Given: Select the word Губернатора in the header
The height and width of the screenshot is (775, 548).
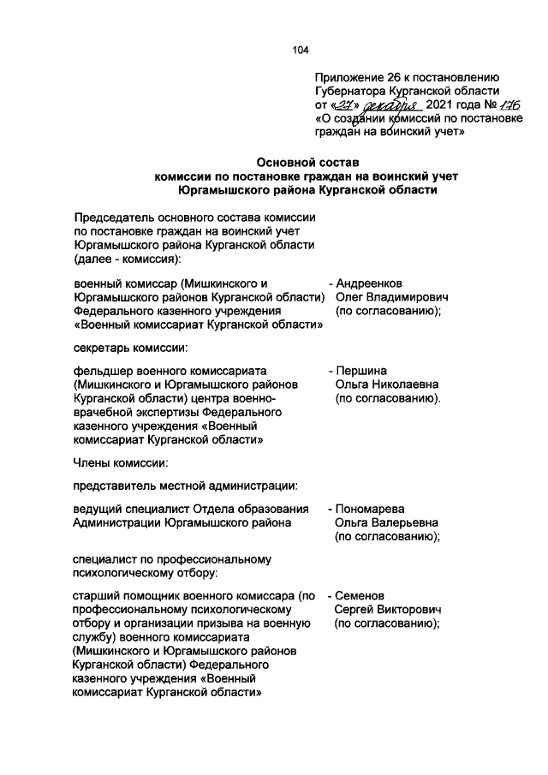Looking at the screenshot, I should click(354, 91).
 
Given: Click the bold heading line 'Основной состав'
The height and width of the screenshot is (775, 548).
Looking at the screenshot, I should click(308, 162).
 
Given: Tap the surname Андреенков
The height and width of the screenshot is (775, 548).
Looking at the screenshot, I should click(370, 283).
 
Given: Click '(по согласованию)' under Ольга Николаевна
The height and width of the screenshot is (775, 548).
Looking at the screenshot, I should click(388, 398).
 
